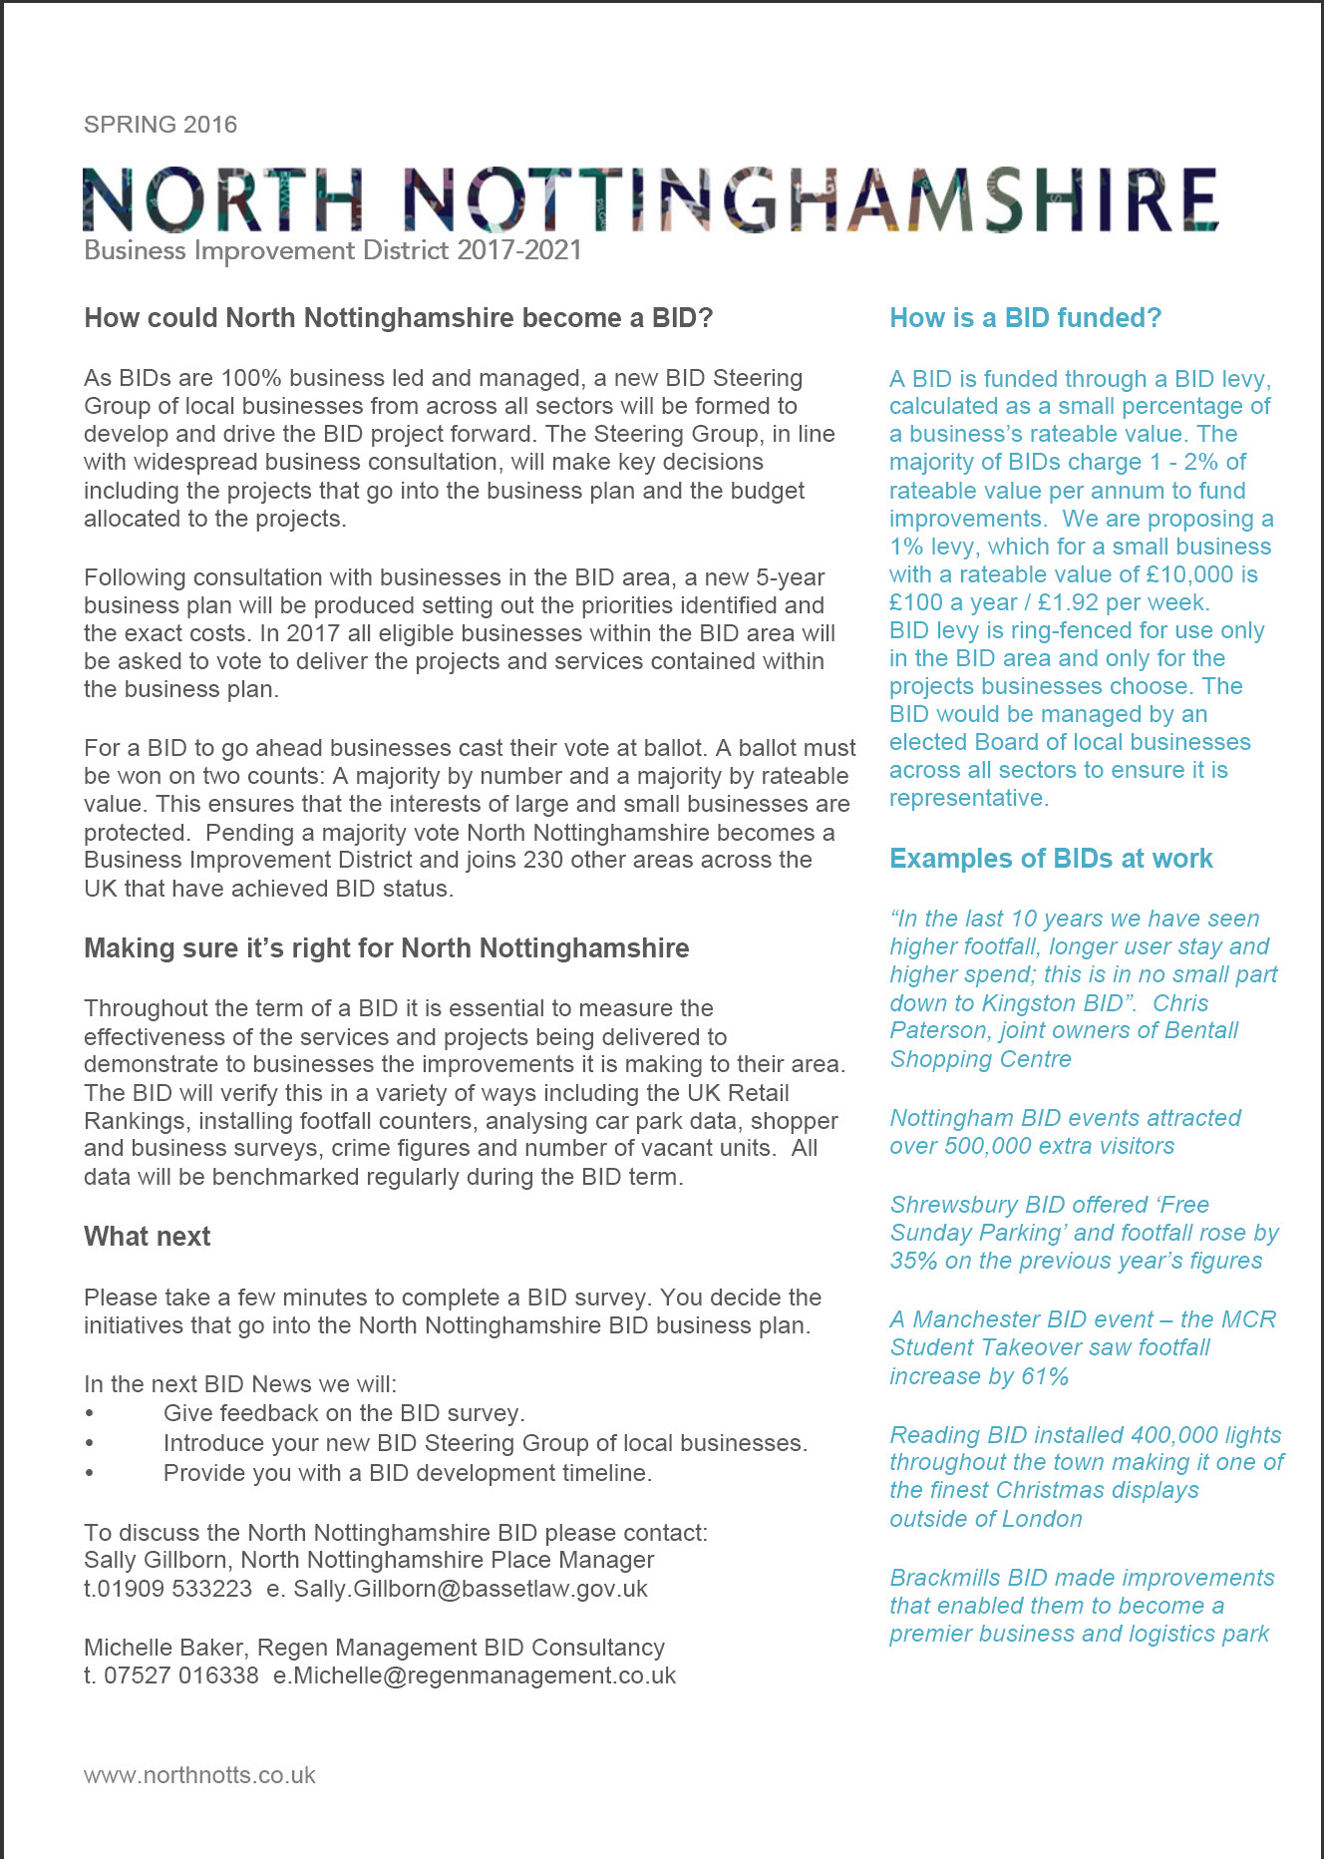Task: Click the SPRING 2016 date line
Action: point(161,125)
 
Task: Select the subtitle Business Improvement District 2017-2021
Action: point(333,250)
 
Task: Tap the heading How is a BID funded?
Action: point(1025,318)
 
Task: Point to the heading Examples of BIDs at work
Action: point(1051,859)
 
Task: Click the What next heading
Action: point(148,1237)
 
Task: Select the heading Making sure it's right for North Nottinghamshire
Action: point(387,947)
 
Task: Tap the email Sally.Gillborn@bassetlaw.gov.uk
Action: point(471,1589)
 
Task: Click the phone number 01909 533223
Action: point(175,1589)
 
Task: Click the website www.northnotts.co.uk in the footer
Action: point(199,1775)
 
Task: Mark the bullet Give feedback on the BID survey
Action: point(344,1413)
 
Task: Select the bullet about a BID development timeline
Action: point(407,1473)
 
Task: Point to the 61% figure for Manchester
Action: point(1045,1376)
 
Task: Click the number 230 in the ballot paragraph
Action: point(543,860)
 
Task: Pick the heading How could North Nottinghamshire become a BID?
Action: point(399,318)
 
